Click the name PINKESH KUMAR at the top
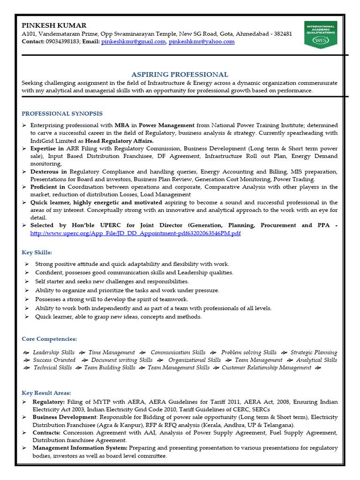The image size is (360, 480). [x=54, y=25]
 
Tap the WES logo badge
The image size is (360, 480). [x=320, y=34]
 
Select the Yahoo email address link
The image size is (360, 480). [x=202, y=42]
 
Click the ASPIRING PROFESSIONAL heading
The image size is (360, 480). [x=180, y=74]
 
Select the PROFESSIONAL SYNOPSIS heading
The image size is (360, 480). [x=62, y=113]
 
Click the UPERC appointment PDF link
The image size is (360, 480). [x=135, y=233]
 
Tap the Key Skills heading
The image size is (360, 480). [x=37, y=252]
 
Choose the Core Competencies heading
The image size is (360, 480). [x=49, y=339]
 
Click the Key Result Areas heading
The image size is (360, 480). [x=46, y=393]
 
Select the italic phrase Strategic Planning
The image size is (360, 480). [x=314, y=352]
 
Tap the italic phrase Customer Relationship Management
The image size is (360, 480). [x=266, y=368]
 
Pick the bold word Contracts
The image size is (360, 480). [x=46, y=433]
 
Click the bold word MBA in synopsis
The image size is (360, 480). [x=122, y=126]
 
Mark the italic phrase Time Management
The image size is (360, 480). [x=112, y=352]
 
